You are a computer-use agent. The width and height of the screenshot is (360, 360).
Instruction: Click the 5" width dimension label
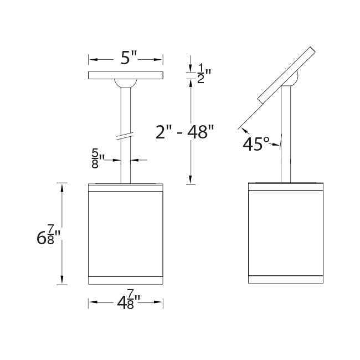(x=128, y=58)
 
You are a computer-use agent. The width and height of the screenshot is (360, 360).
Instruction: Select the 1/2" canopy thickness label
(x=204, y=74)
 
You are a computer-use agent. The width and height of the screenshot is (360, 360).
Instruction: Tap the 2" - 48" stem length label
(x=184, y=132)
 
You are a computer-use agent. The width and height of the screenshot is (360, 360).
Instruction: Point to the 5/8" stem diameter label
(x=98, y=158)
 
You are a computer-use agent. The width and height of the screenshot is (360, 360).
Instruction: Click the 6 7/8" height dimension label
(x=48, y=235)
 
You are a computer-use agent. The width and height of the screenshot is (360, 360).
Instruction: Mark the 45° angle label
(x=255, y=144)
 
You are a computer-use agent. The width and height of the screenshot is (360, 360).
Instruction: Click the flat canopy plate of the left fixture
(x=126, y=75)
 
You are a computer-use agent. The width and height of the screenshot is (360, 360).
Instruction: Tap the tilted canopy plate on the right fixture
(x=286, y=75)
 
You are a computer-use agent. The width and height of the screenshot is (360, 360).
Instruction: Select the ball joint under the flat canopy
(x=126, y=83)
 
